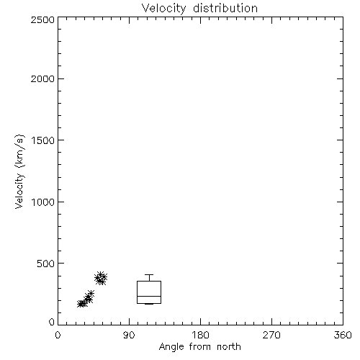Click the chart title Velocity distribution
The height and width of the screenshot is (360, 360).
(x=199, y=8)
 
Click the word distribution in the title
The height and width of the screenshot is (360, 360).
(x=225, y=8)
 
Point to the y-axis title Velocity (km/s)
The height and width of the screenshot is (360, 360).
(x=19, y=171)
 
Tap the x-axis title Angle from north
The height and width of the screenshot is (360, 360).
(x=199, y=347)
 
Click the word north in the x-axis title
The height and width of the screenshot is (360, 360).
(x=229, y=347)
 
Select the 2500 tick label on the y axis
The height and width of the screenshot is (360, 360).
(x=42, y=19)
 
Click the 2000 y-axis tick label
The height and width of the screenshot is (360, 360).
(x=42, y=78)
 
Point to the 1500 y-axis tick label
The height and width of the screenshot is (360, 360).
(x=43, y=140)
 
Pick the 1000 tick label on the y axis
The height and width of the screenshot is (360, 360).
(x=43, y=202)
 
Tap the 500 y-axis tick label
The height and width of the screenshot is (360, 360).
(x=46, y=264)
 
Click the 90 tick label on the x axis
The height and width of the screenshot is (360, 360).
(x=129, y=335)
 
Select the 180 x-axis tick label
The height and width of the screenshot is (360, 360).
(x=200, y=335)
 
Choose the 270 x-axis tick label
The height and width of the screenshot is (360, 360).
(x=271, y=335)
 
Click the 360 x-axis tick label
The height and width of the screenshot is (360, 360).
(x=343, y=335)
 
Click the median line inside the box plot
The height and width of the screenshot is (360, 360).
(x=149, y=296)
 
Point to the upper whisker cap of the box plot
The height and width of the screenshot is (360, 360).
(x=149, y=274)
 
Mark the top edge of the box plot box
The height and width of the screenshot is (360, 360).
(x=149, y=282)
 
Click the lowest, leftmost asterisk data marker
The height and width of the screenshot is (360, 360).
(x=81, y=304)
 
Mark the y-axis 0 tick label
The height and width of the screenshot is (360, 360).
(x=52, y=322)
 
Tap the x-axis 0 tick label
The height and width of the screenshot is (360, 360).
(x=58, y=335)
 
